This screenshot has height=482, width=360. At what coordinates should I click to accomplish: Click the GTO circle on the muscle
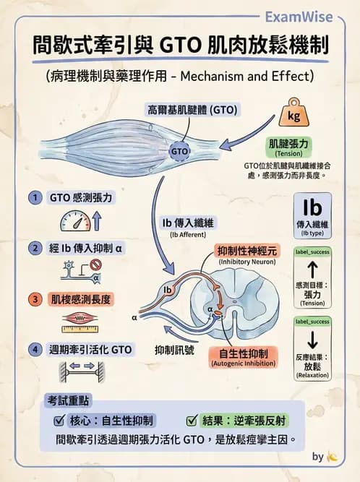pyautogui.click(x=179, y=152)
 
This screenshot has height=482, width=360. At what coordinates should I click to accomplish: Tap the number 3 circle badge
pyautogui.click(x=34, y=298)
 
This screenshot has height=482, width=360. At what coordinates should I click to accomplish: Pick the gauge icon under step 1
pyautogui.click(x=76, y=220)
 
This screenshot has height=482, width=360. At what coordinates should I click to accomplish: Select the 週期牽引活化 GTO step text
pyautogui.click(x=90, y=349)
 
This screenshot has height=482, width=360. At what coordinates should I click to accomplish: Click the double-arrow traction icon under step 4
pyautogui.click(x=77, y=370)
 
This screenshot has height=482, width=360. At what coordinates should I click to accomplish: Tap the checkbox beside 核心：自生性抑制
pyautogui.click(x=60, y=421)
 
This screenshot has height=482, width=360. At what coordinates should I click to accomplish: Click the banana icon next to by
pyautogui.click(x=333, y=457)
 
